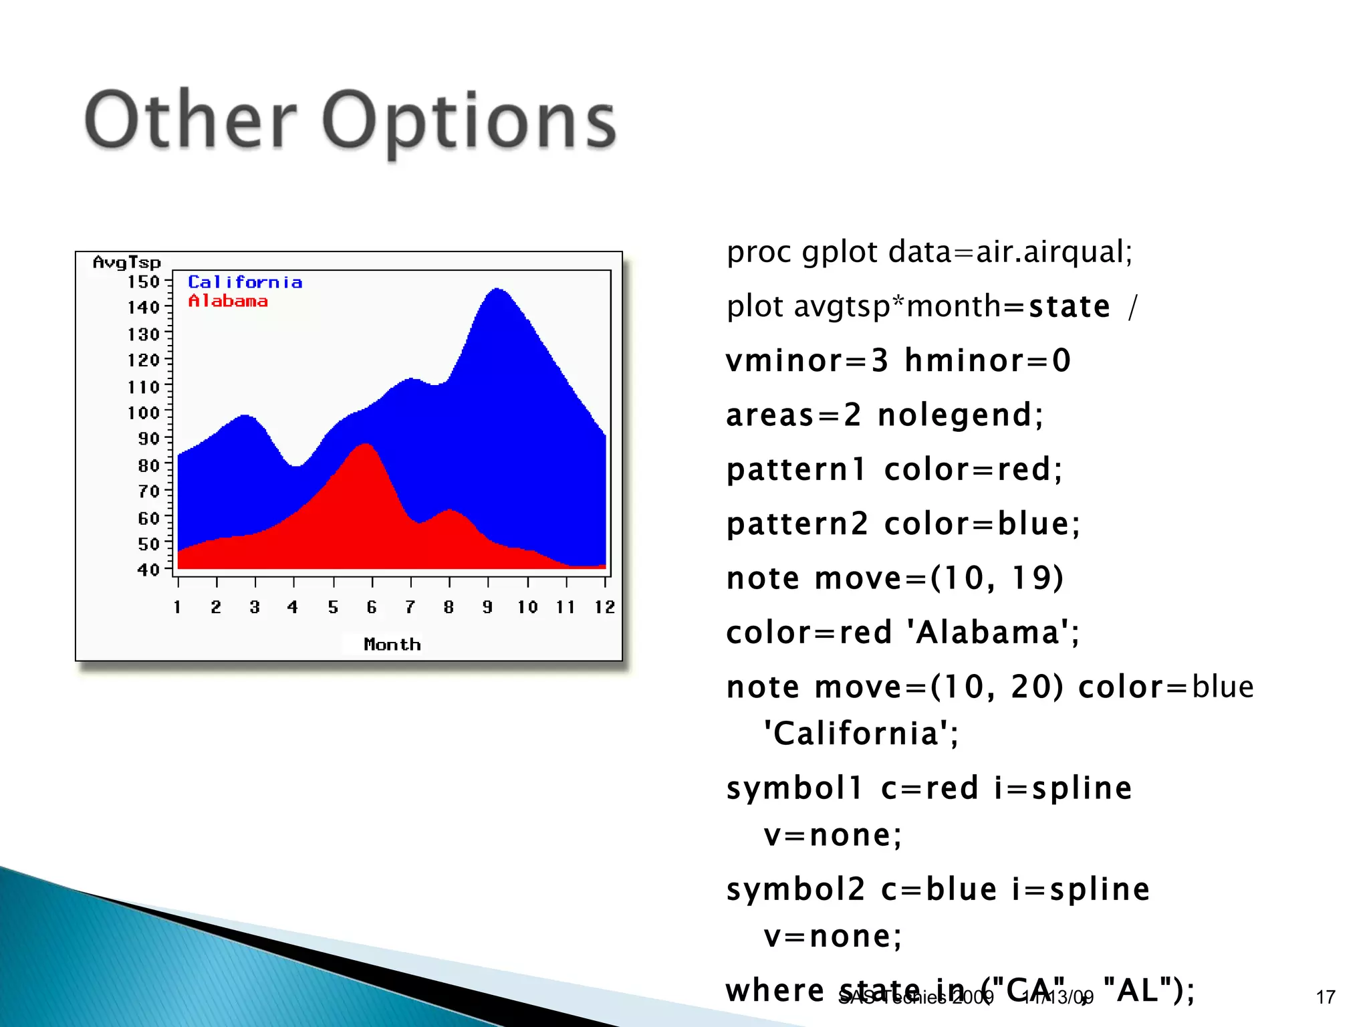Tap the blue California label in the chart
pos(245,282)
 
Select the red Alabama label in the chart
pos(228,302)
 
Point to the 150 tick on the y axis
pos(144,282)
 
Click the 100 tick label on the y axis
pos(144,413)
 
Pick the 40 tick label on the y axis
pos(148,570)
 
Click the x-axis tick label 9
pos(487,607)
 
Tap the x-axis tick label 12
pos(604,607)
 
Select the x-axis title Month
pos(392,645)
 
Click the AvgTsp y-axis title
pos(127,262)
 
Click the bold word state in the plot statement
pos(1069,307)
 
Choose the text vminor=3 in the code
pos(807,361)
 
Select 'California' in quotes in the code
pos(861,733)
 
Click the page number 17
pos(1326,998)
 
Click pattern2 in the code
pos(797,524)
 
